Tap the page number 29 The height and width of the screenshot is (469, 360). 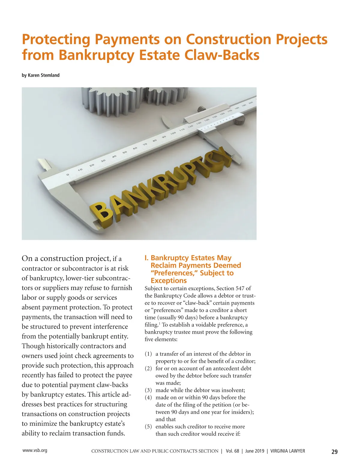[x=334, y=452]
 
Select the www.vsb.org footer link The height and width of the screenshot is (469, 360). [x=35, y=450]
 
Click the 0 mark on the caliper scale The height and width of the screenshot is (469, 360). [x=68, y=175]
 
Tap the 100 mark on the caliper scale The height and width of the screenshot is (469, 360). [x=173, y=133]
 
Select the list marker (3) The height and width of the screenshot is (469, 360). [x=148, y=390]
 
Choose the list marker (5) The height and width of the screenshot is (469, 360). [x=148, y=426]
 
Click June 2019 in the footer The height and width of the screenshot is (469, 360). [x=255, y=451]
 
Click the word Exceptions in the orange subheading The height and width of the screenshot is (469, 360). [x=169, y=281]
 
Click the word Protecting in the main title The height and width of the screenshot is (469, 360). [x=56, y=40]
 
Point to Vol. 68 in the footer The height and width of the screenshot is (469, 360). [x=232, y=451]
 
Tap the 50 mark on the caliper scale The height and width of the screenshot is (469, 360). [x=125, y=152]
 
